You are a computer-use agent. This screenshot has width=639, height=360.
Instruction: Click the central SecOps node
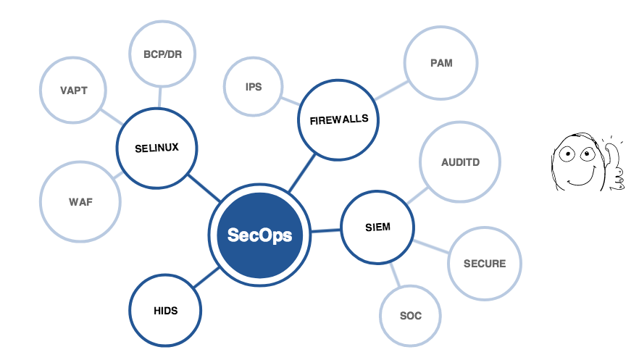coord(259,235)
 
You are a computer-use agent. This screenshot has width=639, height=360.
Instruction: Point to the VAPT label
coord(74,91)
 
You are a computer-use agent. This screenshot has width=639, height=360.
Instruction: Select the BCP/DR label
coord(162,54)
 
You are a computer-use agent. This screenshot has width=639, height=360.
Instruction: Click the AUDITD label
coord(461,162)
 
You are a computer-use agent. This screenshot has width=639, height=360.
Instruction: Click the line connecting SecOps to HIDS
coord(206,277)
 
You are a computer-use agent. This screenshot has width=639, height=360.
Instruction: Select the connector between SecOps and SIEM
coord(326,231)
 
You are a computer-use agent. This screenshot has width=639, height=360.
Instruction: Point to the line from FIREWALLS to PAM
coord(392,91)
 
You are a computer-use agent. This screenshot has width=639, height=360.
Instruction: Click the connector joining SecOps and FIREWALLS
coord(302,172)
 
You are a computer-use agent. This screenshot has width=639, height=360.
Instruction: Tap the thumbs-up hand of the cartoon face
coord(614,166)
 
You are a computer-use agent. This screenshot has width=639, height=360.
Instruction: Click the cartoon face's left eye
coord(567,154)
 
